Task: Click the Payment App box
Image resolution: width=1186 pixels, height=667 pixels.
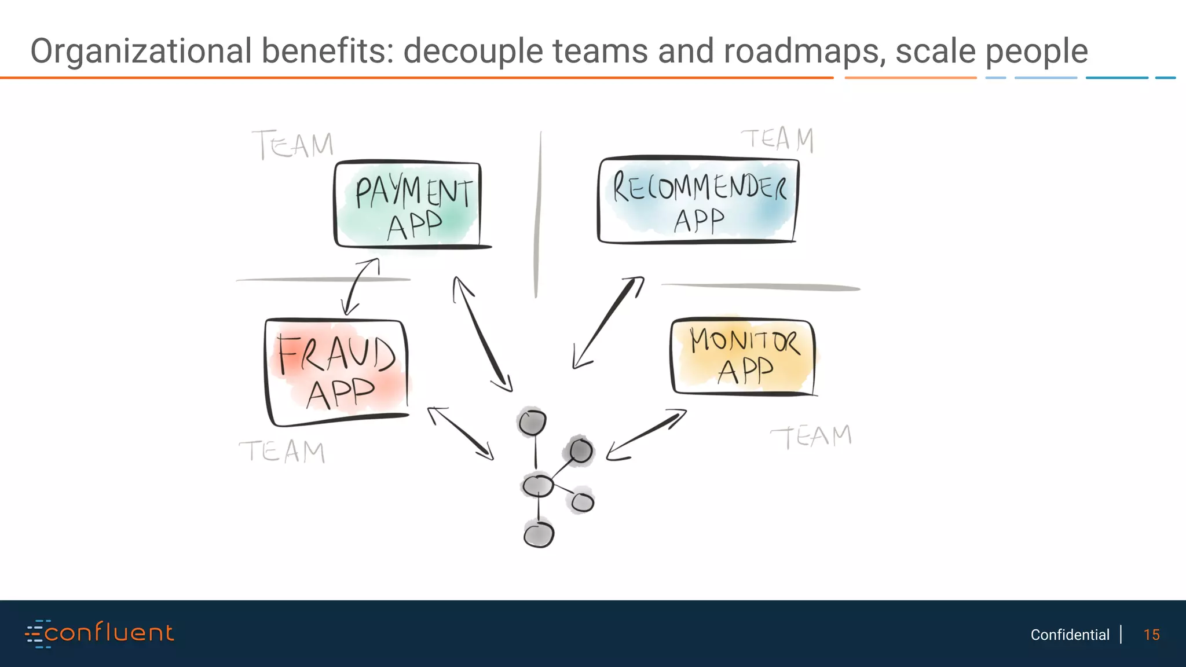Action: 408,206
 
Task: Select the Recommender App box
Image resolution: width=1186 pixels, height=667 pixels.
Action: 698,200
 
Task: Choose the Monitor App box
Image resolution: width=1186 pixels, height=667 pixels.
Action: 744,356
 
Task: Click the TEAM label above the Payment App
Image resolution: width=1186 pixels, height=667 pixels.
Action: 293,145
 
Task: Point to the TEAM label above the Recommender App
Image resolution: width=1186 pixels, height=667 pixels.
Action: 778,140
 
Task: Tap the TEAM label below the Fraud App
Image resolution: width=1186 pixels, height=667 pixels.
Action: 283,452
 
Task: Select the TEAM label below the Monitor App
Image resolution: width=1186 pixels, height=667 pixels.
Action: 811,437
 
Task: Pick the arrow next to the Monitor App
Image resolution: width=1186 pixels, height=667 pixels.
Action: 646,434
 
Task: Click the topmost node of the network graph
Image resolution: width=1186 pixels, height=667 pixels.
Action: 532,422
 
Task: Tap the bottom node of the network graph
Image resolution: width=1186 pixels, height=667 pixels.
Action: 539,534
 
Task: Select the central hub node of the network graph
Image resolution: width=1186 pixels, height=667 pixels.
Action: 538,485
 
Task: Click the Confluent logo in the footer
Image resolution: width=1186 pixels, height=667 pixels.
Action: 100,633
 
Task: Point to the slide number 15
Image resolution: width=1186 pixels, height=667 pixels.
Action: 1151,635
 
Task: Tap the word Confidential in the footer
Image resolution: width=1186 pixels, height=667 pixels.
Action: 1070,635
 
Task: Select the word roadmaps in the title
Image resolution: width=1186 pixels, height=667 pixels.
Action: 804,51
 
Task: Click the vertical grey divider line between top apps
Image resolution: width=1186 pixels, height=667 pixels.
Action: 538,214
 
